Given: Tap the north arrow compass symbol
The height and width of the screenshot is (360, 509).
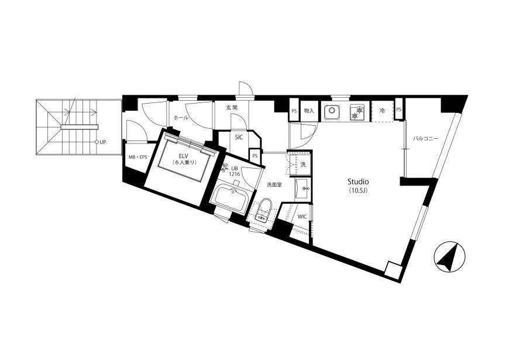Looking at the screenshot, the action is click(x=449, y=256).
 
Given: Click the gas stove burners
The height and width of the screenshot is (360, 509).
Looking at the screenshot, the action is click(x=357, y=112).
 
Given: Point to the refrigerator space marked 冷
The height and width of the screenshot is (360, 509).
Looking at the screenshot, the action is click(x=382, y=111).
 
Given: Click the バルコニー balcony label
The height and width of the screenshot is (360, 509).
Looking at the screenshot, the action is click(x=425, y=138).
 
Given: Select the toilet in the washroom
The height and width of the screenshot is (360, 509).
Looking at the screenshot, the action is click(x=263, y=210).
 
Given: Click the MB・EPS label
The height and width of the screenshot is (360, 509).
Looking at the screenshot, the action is click(x=137, y=157).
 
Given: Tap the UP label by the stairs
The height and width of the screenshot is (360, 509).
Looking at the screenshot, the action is click(x=103, y=142).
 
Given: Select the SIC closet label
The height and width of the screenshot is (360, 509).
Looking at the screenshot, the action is click(x=239, y=138).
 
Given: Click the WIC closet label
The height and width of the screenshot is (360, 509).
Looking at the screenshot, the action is click(x=302, y=217).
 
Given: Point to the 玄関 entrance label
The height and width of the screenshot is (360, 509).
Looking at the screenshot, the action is click(x=232, y=108).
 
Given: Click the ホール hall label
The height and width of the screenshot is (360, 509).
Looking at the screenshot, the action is click(x=181, y=118).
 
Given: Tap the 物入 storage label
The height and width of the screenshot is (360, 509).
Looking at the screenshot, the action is click(x=309, y=111).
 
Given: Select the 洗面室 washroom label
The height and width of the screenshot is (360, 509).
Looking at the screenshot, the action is click(x=274, y=185).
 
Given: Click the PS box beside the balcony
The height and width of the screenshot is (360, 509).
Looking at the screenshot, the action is click(x=398, y=109).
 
